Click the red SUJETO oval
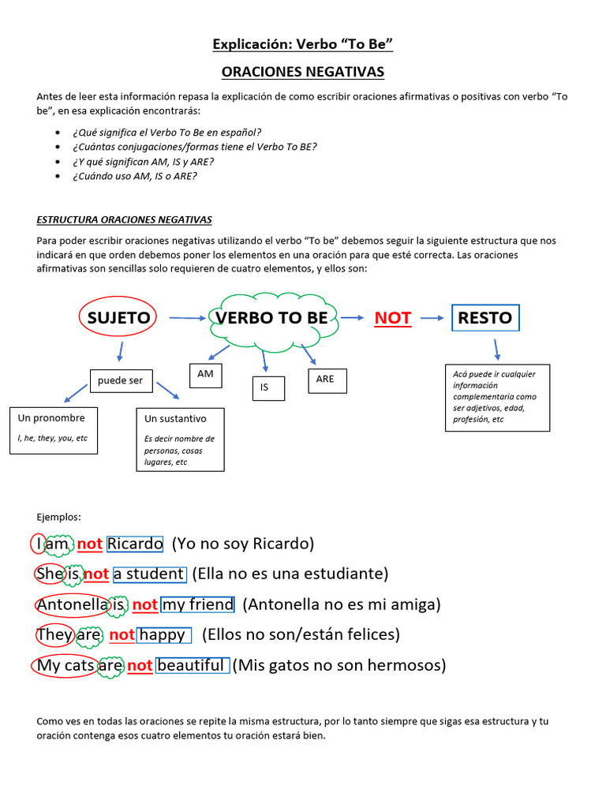[x=118, y=318]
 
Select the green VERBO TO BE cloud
[x=272, y=318]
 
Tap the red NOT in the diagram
[x=392, y=318]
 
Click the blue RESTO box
[x=485, y=318]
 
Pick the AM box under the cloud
[x=206, y=375]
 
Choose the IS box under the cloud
[x=265, y=387]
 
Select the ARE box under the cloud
[x=325, y=380]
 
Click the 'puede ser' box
[x=121, y=380]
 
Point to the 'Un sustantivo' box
[x=181, y=439]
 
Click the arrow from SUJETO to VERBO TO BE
[x=186, y=318]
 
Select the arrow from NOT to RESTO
[x=432, y=318]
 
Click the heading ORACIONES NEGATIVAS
[x=303, y=72]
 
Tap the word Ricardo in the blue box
[x=135, y=544]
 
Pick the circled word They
[x=54, y=634]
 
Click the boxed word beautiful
[x=192, y=665]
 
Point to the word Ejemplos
[x=59, y=517]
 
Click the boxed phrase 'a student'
[x=149, y=574]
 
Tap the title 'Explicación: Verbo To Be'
[x=303, y=44]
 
